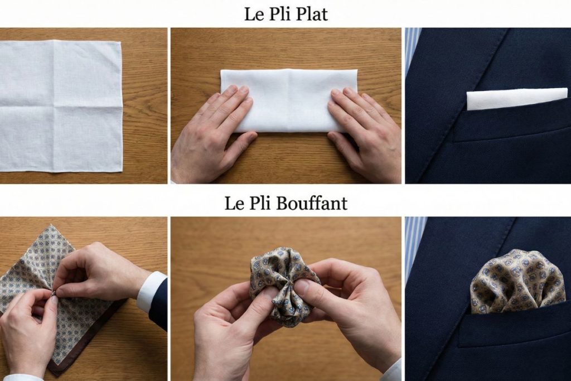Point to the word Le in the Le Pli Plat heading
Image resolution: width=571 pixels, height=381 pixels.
point(253,14)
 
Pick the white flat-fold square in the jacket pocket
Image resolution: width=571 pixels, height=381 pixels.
point(516,98)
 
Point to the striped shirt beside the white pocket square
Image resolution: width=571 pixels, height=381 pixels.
point(412,50)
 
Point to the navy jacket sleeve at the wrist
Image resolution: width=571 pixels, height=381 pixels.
point(159,304)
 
